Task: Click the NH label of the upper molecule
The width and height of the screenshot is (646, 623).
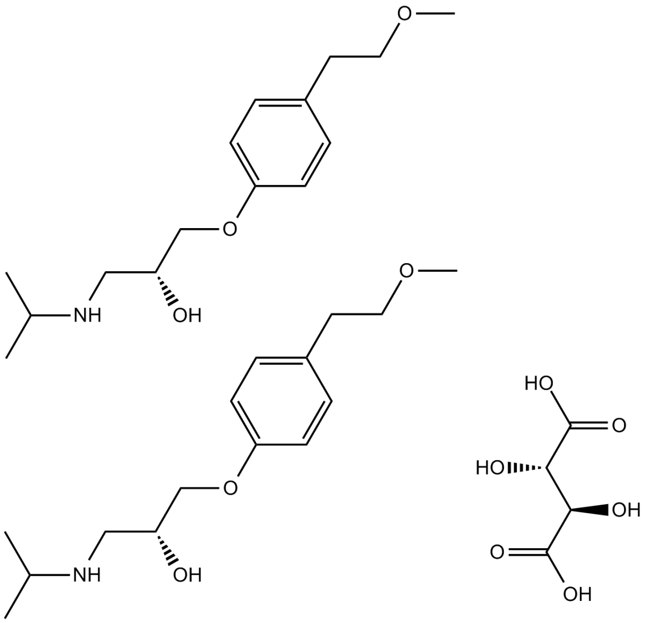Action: click(x=87, y=315)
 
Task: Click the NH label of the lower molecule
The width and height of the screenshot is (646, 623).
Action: click(x=87, y=575)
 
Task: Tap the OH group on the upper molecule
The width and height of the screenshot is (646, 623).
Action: click(x=187, y=315)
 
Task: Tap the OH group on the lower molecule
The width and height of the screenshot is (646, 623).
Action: click(x=187, y=575)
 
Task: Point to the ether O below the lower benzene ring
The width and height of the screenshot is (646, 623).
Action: click(x=230, y=489)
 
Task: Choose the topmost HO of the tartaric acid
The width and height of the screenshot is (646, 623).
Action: click(x=539, y=384)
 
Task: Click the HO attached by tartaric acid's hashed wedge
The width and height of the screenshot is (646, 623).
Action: click(x=490, y=468)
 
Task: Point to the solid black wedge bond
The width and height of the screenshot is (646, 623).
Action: click(x=590, y=509)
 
